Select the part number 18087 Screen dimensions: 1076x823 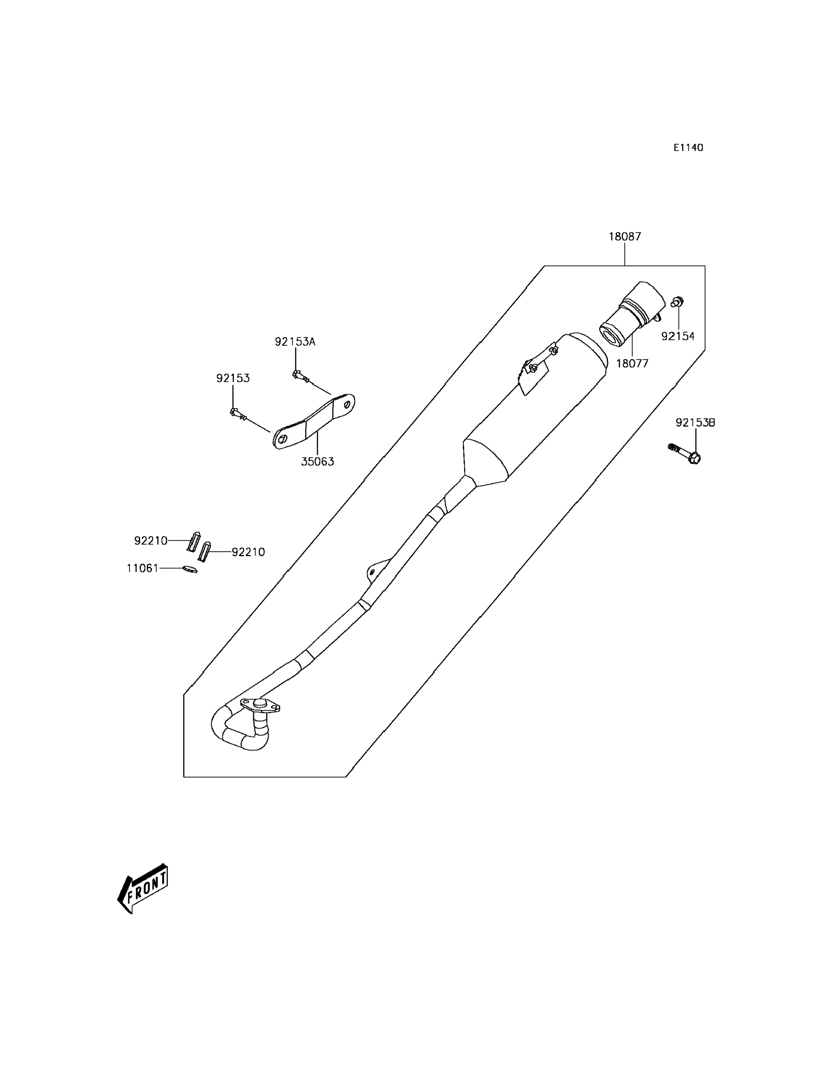625,237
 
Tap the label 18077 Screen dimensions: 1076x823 632,364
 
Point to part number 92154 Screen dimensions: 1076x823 678,336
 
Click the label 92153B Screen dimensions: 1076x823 695,422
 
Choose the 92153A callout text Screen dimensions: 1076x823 295,342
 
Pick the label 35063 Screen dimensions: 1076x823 318,461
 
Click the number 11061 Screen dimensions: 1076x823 142,568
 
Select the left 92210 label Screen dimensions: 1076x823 151,540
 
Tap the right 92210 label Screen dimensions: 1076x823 248,552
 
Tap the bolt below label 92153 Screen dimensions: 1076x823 238,414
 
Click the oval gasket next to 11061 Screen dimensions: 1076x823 190,569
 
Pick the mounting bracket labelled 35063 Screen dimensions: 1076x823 314,422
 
